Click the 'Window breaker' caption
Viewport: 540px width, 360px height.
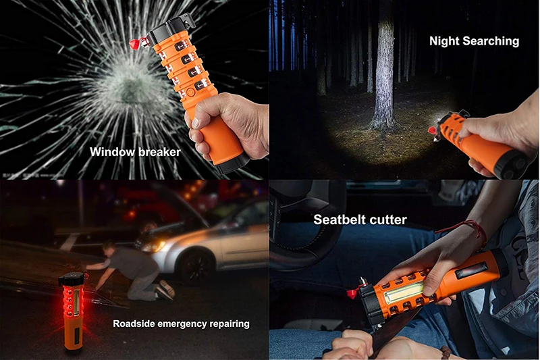coord(135,152)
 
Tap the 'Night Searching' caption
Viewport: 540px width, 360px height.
coord(474,41)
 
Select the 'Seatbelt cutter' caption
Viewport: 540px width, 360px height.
coord(360,220)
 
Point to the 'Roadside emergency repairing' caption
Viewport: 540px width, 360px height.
coord(181,324)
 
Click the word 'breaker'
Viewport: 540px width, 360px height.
coord(158,152)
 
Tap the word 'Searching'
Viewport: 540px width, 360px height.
coord(491,41)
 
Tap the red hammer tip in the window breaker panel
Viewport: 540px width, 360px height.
coord(134,43)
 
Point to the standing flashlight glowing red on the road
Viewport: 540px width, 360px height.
coord(72,311)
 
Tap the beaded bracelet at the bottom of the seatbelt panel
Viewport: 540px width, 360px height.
coord(446,353)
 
